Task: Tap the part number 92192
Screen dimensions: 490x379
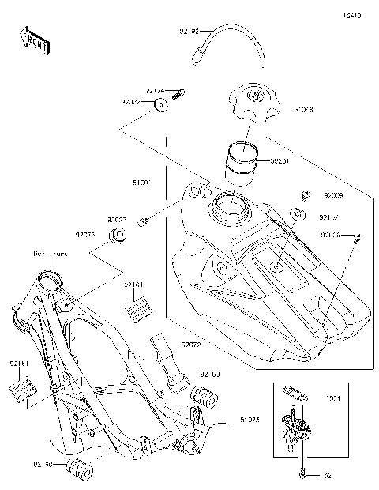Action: (189, 32)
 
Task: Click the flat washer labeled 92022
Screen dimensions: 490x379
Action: (161, 105)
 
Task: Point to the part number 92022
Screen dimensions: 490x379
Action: (130, 101)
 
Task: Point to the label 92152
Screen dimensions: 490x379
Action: (329, 216)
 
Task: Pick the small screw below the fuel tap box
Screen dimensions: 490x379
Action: (302, 475)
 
